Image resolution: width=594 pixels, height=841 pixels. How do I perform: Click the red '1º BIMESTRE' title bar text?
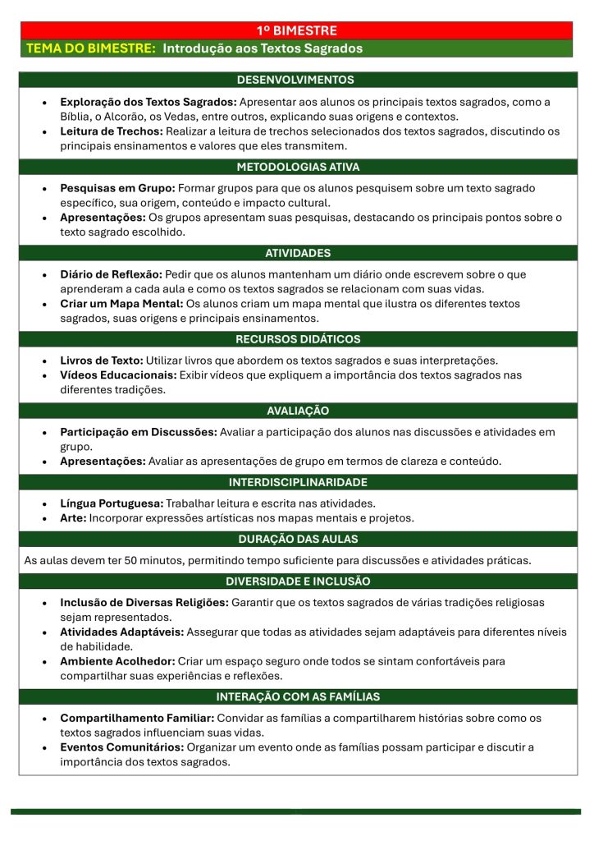pos(297,30)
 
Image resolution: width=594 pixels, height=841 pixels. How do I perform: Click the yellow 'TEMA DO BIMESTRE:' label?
pos(91,48)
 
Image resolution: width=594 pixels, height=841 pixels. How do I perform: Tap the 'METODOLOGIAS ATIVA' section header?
pos(297,167)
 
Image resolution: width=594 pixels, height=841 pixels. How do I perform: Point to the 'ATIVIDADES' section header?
pos(298,253)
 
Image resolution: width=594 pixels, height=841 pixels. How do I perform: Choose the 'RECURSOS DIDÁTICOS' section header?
pos(297,338)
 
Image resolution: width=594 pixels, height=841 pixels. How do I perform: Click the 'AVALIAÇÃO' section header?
pos(298,410)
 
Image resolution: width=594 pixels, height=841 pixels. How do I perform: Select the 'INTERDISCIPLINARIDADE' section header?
pos(298,482)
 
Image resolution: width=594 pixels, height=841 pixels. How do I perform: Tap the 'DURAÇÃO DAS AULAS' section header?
pos(298,540)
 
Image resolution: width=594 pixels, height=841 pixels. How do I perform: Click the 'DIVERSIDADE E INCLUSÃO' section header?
pos(298,581)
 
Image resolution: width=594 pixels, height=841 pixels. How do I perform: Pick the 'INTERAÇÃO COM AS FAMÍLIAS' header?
pos(298,696)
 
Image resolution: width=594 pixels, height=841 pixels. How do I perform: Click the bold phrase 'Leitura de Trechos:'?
pos(112,131)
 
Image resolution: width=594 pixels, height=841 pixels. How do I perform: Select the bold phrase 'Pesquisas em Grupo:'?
pos(117,188)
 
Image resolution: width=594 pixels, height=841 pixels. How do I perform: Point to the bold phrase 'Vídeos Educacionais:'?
pos(119,375)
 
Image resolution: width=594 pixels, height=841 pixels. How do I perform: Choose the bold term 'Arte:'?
pos(73,517)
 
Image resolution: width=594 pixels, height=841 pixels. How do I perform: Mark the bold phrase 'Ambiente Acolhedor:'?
pos(117,660)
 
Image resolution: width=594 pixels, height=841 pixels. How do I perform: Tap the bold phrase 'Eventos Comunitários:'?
pos(121,747)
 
